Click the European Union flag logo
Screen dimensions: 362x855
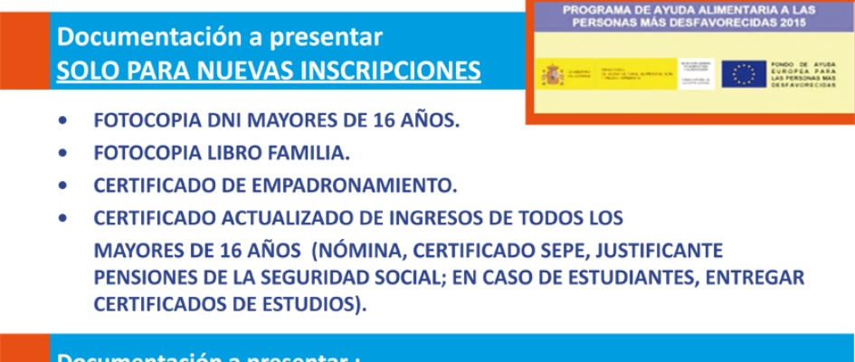click(x=745, y=75)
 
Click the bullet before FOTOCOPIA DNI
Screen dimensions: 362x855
click(x=62, y=120)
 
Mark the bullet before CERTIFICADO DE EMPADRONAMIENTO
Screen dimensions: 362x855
click(x=62, y=186)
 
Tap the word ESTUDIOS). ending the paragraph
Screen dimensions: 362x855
click(x=308, y=303)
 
